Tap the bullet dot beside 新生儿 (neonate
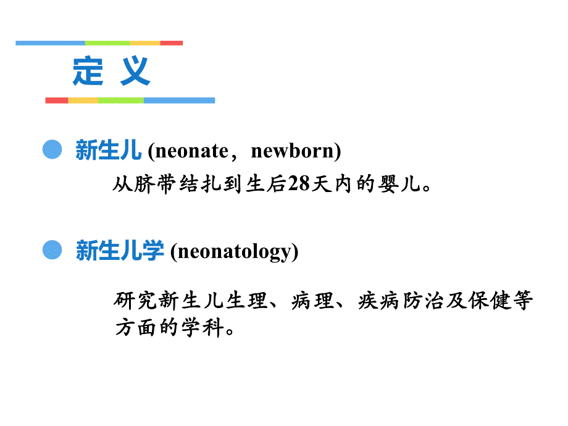tap(53, 149)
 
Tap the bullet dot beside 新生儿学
tap(53, 249)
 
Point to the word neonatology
tap(234, 251)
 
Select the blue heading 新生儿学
tap(120, 251)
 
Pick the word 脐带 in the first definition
tap(155, 185)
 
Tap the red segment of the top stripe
tap(172, 43)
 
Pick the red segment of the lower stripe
tap(56, 100)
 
